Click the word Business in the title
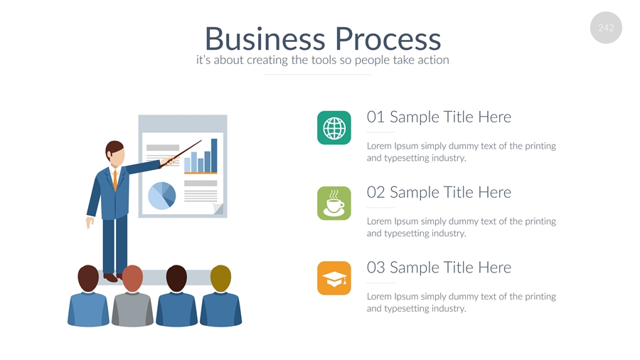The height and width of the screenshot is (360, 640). pyautogui.click(x=265, y=39)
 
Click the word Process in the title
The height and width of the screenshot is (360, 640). pyautogui.click(x=388, y=39)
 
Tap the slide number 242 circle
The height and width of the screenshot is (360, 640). pyautogui.click(x=606, y=28)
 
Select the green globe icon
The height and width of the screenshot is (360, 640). pyautogui.click(x=334, y=128)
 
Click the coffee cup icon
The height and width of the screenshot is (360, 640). pyautogui.click(x=334, y=203)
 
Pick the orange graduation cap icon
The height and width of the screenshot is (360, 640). pyautogui.click(x=334, y=278)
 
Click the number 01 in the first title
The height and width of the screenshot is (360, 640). pyautogui.click(x=375, y=117)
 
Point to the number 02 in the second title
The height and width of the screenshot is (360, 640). pyautogui.click(x=375, y=192)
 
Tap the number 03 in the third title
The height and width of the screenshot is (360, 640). pyautogui.click(x=375, y=268)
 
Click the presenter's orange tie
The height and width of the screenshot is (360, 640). pyautogui.click(x=115, y=179)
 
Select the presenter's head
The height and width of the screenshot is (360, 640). pyautogui.click(x=114, y=154)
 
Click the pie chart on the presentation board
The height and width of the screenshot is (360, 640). pyautogui.click(x=161, y=196)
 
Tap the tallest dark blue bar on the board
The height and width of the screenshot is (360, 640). pyautogui.click(x=214, y=156)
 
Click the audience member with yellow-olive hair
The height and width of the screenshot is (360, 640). pyautogui.click(x=220, y=296)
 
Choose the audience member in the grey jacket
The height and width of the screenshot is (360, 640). pyautogui.click(x=132, y=296)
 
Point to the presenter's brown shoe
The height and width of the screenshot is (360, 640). pyautogui.click(x=110, y=277)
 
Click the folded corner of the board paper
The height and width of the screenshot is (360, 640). pyautogui.click(x=218, y=208)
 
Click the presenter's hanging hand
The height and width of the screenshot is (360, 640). pyautogui.click(x=90, y=223)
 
